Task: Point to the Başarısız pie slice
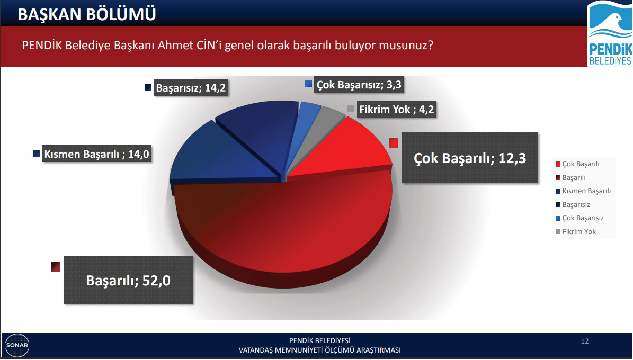[258, 129]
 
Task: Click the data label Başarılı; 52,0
[128, 280]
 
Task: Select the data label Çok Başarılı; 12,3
[469, 158]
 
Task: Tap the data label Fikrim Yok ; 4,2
[397, 110]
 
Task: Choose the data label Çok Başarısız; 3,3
[359, 85]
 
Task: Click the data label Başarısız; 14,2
[191, 87]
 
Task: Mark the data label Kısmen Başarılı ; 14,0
[96, 154]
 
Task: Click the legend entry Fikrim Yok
[576, 232]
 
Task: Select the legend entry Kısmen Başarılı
[583, 191]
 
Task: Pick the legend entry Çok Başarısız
[579, 218]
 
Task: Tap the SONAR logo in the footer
[17, 346]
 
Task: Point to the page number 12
[585, 341]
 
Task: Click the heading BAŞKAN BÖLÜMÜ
[87, 14]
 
